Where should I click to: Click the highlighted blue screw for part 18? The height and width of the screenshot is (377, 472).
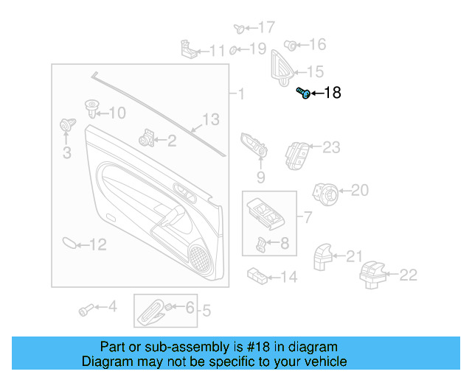302,93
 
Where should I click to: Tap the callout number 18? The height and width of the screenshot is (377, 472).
333,94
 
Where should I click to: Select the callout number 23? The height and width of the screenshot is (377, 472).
331,147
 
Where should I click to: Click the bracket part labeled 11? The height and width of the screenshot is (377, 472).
190,49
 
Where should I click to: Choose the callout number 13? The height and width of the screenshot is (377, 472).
211,119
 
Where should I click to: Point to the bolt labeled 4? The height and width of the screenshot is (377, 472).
86,309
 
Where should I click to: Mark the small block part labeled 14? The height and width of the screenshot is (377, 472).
257,275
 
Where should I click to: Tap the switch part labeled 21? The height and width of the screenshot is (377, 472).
322,257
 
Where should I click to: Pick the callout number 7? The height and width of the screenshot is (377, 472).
308,217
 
